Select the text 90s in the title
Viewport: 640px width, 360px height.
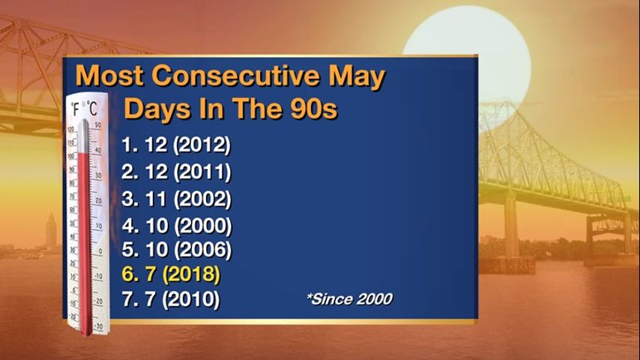click(314, 108)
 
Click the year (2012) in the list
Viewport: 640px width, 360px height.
click(202, 145)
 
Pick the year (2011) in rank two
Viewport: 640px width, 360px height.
click(202, 172)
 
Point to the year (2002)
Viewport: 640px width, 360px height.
click(203, 199)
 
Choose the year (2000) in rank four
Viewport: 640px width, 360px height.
click(203, 226)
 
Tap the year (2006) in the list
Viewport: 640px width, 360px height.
click(203, 249)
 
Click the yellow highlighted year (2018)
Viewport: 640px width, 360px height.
click(191, 274)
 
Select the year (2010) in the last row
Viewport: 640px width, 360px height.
click(191, 299)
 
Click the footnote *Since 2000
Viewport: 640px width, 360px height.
click(350, 298)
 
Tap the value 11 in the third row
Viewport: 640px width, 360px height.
click(156, 199)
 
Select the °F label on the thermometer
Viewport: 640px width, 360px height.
click(76, 109)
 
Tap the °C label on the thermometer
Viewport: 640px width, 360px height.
click(92, 108)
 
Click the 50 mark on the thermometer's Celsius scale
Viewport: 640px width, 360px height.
click(98, 125)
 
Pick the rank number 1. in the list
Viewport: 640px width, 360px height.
click(130, 145)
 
